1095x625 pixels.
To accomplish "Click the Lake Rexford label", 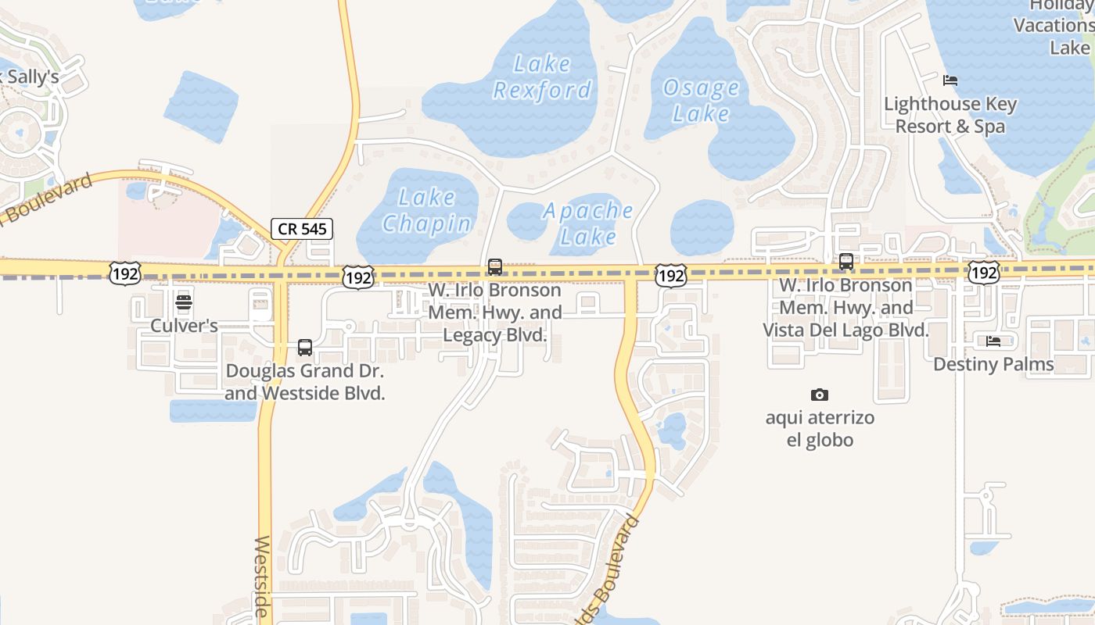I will pos(542,77).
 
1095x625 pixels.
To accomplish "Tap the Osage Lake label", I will pos(701,100).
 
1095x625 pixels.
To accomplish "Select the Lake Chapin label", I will pos(427,210).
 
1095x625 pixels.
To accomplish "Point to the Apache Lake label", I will pos(588,223).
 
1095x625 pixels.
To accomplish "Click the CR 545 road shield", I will pos(303,229).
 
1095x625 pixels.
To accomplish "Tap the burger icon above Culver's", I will pos(184,302).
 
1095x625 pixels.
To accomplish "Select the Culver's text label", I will pos(184,326).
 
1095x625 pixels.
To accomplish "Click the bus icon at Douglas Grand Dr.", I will pos(305,348).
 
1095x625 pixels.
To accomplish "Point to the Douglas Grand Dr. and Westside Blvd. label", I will pos(305,382).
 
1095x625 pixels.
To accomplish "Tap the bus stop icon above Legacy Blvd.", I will pos(495,267).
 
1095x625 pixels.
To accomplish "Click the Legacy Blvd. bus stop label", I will pos(495,312).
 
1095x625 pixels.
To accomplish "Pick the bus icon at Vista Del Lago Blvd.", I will pos(846,262).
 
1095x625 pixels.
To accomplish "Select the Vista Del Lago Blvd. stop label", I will pos(846,308).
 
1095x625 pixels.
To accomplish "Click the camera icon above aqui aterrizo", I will pos(820,395).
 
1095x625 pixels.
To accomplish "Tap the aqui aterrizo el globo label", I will pos(820,428).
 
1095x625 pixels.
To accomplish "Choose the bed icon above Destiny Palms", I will pos(993,341).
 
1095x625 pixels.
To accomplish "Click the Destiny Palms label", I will pos(993,364).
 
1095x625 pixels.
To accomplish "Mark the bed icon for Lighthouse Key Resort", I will pos(950,80).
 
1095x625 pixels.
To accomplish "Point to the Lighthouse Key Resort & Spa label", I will pos(950,115).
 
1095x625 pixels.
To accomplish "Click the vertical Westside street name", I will pos(263,578).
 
